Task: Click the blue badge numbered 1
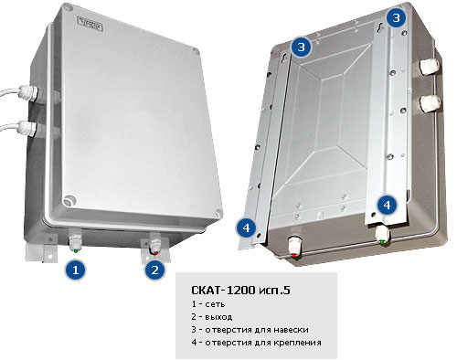tap(76, 270)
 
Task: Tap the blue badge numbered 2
tap(155, 270)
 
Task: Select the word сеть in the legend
tap(215, 304)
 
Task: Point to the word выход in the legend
tap(218, 317)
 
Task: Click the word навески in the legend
tap(291, 330)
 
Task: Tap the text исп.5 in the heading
tap(274, 291)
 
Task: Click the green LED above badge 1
tap(75, 250)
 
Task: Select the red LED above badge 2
tap(156, 252)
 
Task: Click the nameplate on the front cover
tap(90, 24)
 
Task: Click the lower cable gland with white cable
tap(27, 128)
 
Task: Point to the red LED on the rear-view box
tap(294, 255)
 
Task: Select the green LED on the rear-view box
tap(382, 242)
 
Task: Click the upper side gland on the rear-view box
tap(430, 67)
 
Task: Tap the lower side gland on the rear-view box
tap(430, 102)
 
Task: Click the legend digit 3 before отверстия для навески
tap(194, 330)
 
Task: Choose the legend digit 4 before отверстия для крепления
tap(194, 343)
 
